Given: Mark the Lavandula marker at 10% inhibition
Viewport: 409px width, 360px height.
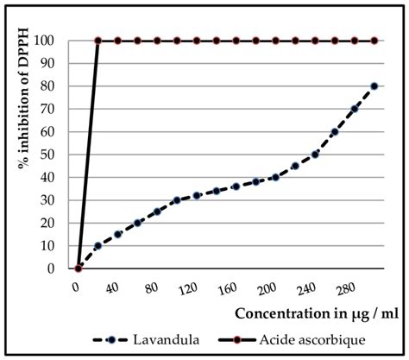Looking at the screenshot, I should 98,245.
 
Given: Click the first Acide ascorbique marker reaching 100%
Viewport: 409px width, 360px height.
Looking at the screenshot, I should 98,41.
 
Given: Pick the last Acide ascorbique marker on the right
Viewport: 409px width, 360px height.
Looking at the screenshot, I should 374,41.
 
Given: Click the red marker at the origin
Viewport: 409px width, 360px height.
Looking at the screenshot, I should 79,268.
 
